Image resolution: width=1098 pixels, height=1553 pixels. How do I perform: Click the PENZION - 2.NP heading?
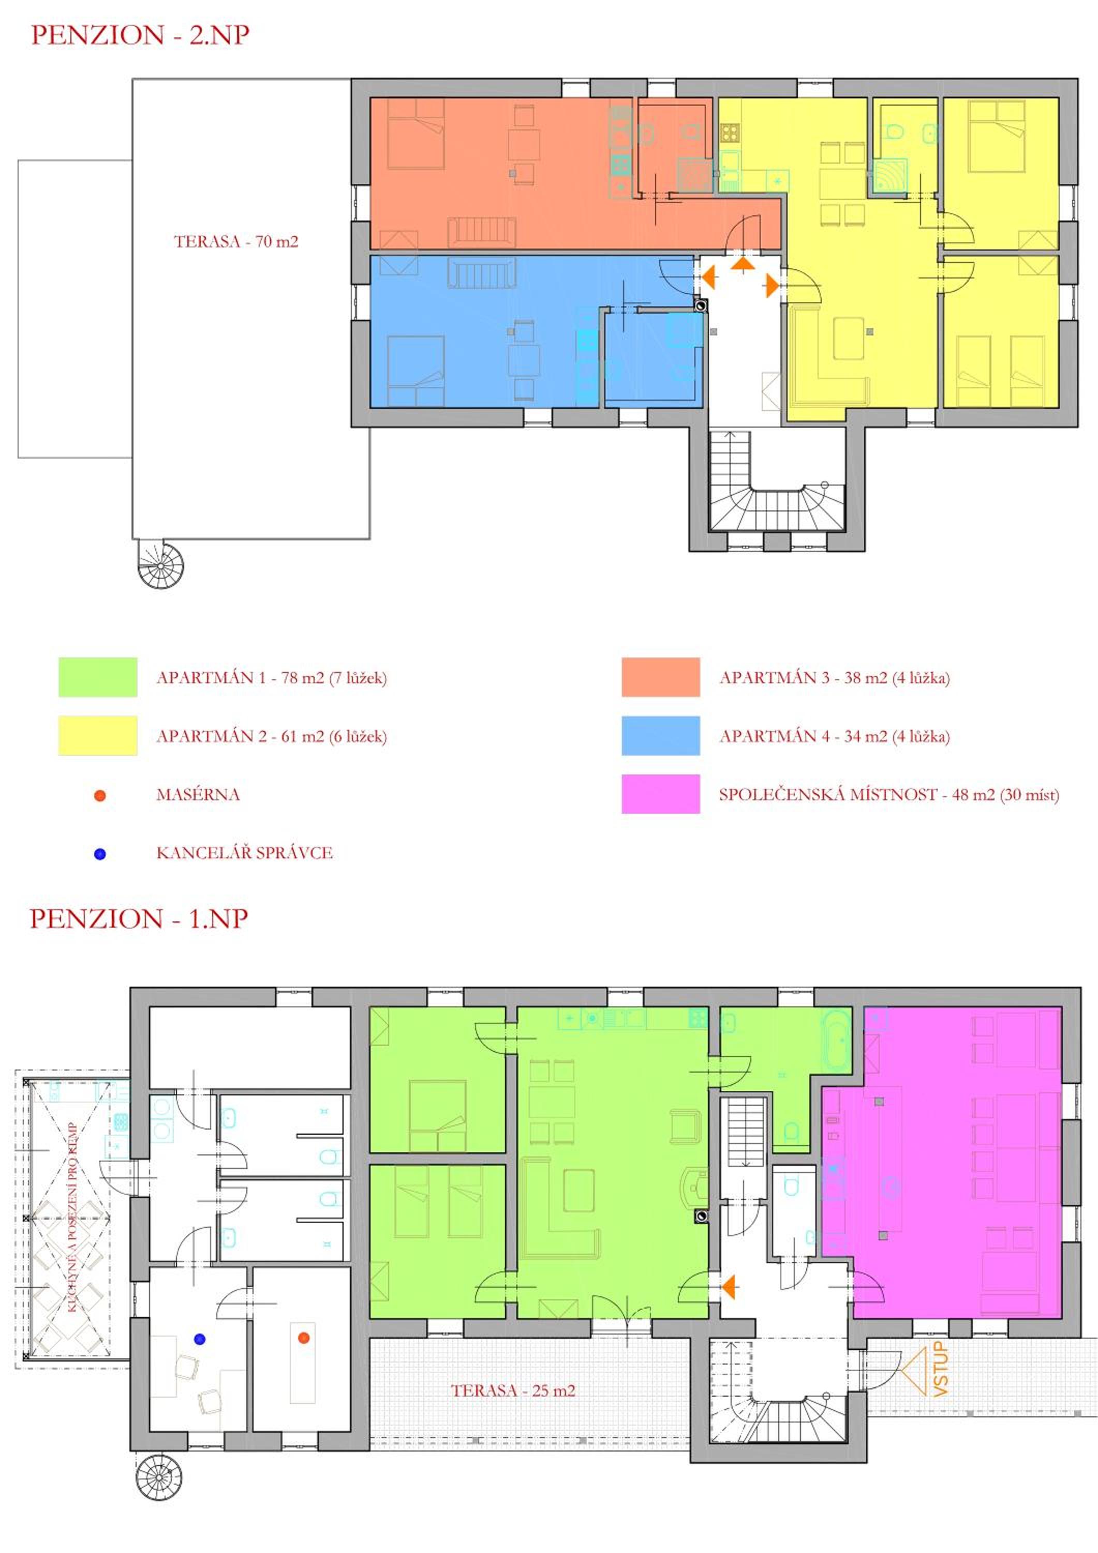(140, 35)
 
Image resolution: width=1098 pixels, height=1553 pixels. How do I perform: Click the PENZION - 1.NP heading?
(139, 918)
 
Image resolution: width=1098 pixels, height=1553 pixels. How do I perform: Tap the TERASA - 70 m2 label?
(236, 241)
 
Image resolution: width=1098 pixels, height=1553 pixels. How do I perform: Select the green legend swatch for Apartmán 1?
(98, 677)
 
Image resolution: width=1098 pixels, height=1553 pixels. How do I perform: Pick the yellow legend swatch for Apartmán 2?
(98, 735)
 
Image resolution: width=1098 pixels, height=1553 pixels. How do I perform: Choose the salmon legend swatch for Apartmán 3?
(661, 677)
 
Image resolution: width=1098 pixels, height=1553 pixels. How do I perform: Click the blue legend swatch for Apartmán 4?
(661, 735)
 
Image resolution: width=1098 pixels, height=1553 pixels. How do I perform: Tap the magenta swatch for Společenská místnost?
(661, 794)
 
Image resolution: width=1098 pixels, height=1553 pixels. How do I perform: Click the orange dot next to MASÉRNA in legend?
(100, 796)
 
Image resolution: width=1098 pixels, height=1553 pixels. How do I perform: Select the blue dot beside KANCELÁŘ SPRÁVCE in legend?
(100, 854)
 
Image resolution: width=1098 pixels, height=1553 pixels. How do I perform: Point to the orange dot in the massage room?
(304, 1337)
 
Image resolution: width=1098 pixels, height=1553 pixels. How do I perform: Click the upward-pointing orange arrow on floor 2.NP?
(743, 264)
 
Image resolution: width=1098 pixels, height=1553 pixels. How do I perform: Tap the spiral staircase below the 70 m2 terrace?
(161, 565)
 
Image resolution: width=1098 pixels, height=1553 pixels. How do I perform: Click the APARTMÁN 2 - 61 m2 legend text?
(272, 736)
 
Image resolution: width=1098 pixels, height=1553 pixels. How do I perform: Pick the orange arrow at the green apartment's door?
(728, 1287)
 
